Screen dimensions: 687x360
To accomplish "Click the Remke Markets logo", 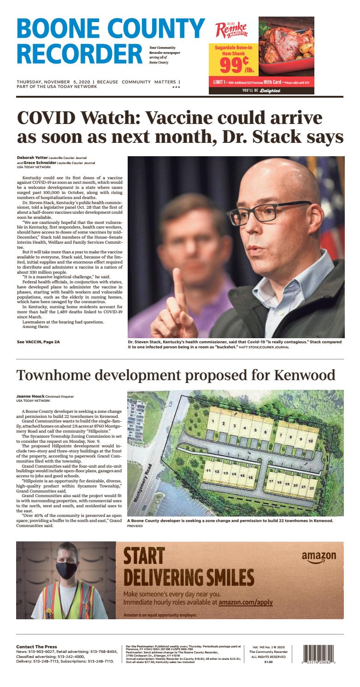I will point(231,30).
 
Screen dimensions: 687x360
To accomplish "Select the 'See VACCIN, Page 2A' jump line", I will point(38,342).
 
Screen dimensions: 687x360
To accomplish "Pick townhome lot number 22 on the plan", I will point(312,488).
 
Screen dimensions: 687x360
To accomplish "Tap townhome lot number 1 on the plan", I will point(213,421).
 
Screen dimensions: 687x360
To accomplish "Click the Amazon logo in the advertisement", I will point(319,557).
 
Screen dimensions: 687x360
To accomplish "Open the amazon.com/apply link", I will point(245,602).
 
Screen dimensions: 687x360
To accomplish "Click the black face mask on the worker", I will point(66,570).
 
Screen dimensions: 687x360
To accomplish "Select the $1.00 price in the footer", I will point(268,662).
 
